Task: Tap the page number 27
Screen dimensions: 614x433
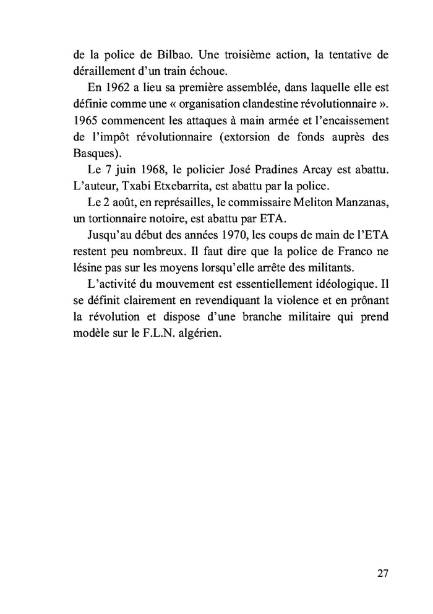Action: click(382, 573)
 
